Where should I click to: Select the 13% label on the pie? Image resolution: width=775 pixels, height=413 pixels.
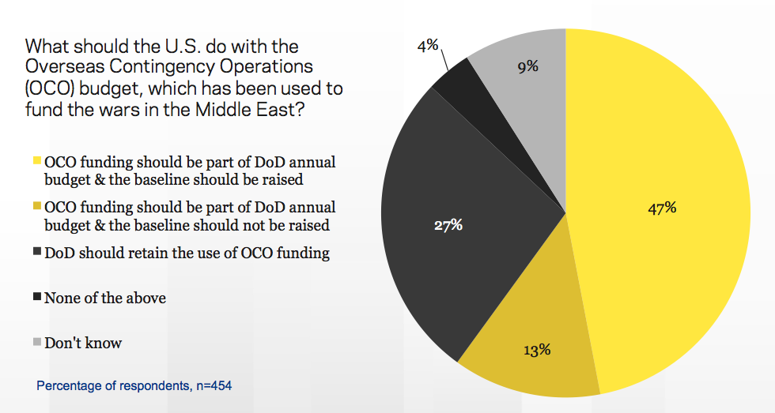[x=536, y=349]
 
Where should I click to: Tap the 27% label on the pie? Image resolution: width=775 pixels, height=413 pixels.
[x=448, y=225]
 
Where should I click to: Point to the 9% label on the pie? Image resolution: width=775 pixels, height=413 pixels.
[x=527, y=66]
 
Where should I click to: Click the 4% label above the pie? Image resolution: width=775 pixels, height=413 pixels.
[x=428, y=47]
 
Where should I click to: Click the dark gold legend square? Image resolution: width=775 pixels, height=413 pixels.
[x=37, y=208]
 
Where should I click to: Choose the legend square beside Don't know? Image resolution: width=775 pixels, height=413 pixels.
[x=37, y=343]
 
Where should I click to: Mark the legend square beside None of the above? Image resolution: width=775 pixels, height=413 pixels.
[x=37, y=298]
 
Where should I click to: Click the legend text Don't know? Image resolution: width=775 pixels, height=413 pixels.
[x=83, y=344]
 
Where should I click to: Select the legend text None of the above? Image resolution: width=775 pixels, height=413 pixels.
[x=105, y=298]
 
